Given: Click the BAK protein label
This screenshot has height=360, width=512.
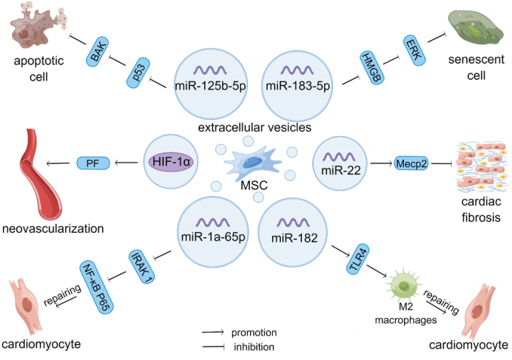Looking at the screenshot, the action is click(97, 52).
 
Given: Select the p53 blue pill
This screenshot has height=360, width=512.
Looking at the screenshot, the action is click(138, 72).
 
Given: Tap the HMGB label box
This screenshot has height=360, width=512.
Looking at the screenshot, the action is click(372, 67).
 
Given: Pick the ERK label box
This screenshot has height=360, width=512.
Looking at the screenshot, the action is click(414, 50).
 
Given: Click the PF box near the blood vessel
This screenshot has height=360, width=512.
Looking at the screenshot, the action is click(93, 163).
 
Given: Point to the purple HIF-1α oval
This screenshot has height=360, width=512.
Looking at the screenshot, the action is click(171, 162).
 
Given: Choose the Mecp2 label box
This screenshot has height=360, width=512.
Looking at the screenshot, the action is click(411, 163).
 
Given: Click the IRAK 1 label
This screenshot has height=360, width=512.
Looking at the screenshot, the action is click(142, 266).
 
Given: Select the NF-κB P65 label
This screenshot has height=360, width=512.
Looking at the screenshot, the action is click(97, 288).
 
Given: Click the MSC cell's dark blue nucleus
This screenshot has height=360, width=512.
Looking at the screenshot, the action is click(252, 162).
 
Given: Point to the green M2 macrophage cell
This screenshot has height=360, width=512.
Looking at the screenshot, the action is click(404, 285).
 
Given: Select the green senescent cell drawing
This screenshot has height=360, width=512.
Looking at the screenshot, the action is click(475, 27).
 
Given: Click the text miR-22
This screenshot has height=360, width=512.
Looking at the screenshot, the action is click(341, 170).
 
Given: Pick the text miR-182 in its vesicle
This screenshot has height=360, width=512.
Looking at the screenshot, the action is click(294, 238).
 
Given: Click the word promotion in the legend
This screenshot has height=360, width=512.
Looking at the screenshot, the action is click(254, 333).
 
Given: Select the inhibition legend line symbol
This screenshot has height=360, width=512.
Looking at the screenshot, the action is click(213, 347).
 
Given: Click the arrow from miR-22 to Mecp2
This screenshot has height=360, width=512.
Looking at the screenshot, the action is click(381, 163).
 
